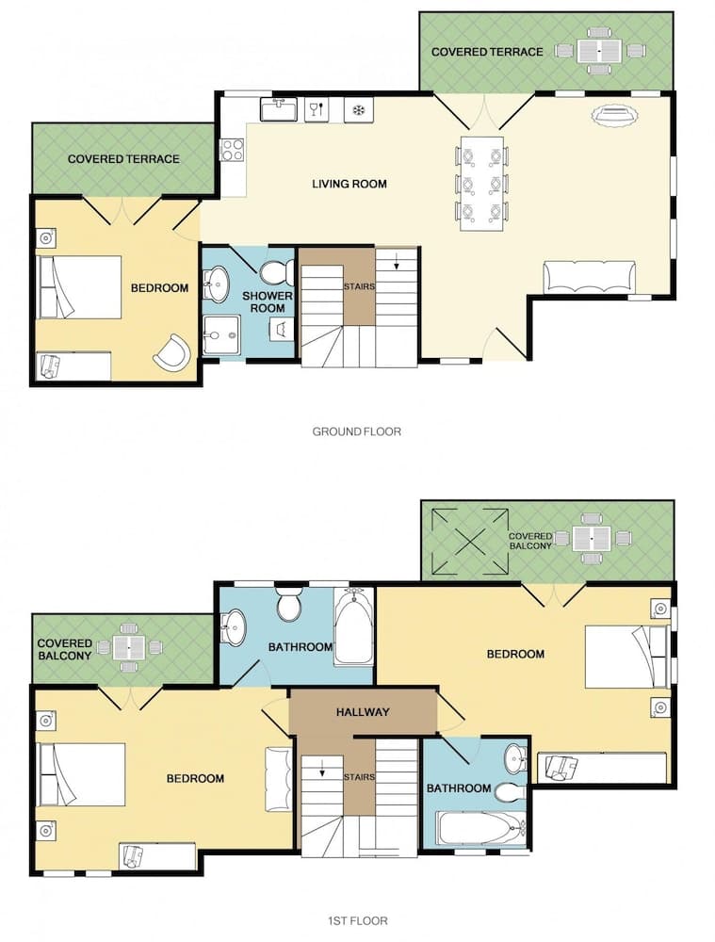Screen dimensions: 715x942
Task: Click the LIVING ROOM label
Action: coord(349,184)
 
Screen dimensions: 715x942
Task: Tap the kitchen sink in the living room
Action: coord(279,110)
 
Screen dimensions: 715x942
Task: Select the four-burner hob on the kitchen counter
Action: coord(232,150)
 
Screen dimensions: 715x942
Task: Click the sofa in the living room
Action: coord(589,277)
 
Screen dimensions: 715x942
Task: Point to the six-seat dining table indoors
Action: coord(482,184)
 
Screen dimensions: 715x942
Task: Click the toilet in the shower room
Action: coord(278,271)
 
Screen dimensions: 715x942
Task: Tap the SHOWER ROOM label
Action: coord(268,301)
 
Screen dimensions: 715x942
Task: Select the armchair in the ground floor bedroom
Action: coord(172,352)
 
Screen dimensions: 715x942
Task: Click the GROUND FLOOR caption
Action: coord(356,431)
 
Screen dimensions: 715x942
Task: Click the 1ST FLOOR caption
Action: coord(358,920)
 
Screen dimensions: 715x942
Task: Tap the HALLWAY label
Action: coord(363,712)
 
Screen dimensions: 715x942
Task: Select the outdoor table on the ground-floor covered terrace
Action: coord(599,51)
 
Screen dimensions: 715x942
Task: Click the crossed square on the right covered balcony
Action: coord(472,542)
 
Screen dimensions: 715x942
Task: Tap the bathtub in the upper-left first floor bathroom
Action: coord(353,625)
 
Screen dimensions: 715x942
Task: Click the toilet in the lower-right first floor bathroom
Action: coord(510,792)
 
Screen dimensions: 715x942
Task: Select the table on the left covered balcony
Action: coord(127,648)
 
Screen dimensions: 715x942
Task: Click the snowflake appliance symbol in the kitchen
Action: coord(359,110)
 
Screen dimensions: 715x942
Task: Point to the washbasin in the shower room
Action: coord(217,283)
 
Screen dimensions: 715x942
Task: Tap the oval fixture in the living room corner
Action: coord(613,115)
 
